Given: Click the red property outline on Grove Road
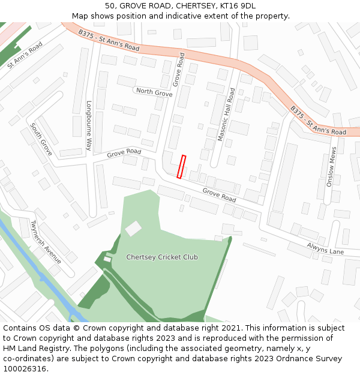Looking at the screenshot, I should pos(181,167).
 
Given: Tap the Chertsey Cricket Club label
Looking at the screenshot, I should pos(162,257).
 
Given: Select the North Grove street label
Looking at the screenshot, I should pos(154,92).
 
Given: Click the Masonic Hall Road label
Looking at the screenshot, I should pos(226,115).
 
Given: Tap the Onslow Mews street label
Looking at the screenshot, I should pos(331,167).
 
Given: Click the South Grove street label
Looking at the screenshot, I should pos(41,139).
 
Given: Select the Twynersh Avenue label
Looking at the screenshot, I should pos(46,242).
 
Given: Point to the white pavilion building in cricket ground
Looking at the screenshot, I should pos(133,228).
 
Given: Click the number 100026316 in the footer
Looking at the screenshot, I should pos(26,368).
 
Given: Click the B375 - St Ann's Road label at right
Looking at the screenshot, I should pos(318,121).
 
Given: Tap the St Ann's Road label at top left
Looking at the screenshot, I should pos(25,55).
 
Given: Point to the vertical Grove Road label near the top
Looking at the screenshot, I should pos(179,70).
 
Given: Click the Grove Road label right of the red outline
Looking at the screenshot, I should pos(219,194).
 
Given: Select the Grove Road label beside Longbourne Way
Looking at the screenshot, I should pos(124,153).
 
